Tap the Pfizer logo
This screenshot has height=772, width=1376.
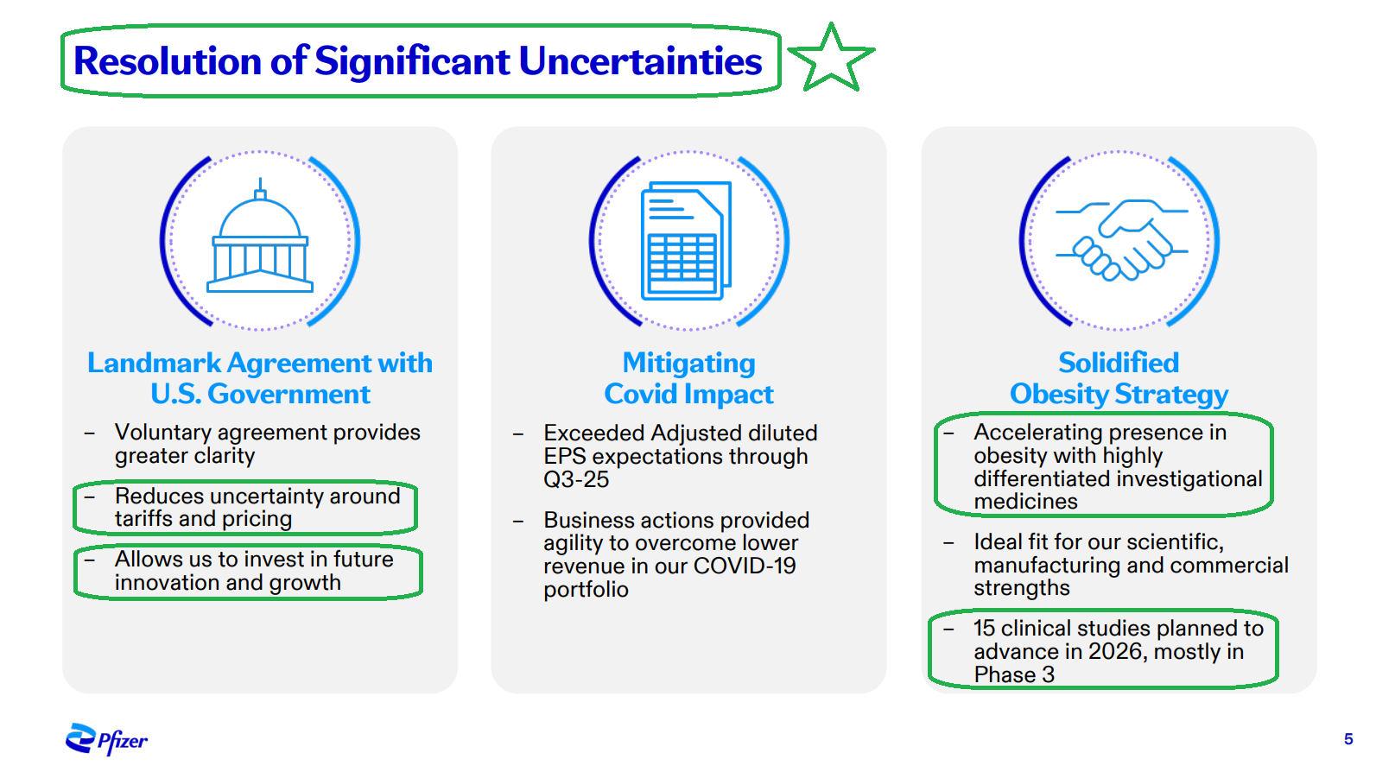(106, 739)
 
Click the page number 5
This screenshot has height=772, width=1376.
(1348, 739)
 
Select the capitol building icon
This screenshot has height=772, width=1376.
(260, 235)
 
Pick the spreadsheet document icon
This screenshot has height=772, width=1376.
(686, 240)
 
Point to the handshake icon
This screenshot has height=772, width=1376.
(1122, 239)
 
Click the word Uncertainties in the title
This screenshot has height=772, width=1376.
(640, 61)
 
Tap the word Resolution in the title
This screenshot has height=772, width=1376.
(168, 61)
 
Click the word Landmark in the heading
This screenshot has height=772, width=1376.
(155, 363)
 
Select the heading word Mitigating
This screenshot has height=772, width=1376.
(688, 364)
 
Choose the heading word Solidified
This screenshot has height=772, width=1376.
(1119, 363)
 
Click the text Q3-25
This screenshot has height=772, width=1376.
(576, 479)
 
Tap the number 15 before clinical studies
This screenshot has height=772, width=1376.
(984, 629)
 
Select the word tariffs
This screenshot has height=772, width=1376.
(145, 519)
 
